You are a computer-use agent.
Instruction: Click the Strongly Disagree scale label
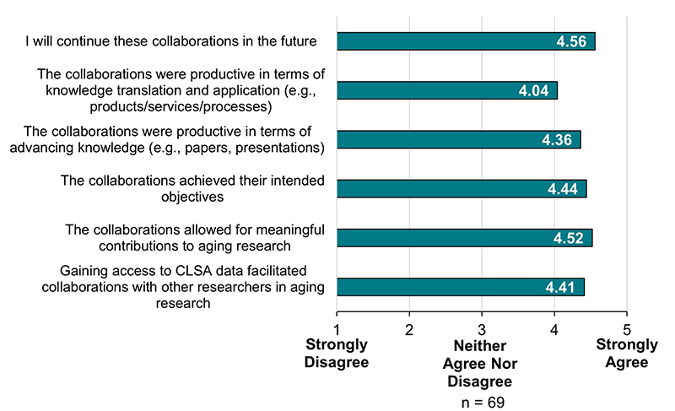(337, 354)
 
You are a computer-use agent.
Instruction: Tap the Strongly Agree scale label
(625, 354)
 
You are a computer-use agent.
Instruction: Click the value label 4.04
(534, 91)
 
